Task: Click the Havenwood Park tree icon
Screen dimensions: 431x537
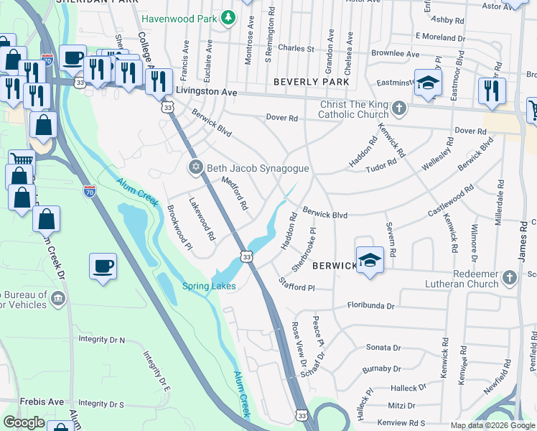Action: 228,17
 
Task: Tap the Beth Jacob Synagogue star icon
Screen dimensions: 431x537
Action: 195,168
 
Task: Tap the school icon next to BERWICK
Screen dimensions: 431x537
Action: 370,259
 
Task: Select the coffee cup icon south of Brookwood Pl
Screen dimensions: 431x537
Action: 103,267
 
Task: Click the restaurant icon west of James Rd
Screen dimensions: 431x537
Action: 492,91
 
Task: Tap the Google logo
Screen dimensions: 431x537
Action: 24,422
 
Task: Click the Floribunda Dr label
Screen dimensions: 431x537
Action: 371,305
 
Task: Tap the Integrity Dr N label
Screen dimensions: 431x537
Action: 102,339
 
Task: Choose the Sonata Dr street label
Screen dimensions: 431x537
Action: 383,347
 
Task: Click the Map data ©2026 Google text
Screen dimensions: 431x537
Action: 492,425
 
